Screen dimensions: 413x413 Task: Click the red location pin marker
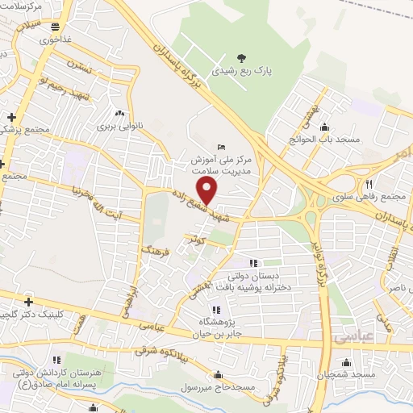[x=208, y=190]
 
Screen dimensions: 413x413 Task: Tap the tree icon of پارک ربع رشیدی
[x=241, y=56]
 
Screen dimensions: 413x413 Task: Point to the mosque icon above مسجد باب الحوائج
[x=324, y=126]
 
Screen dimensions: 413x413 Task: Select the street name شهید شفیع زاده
[x=197, y=206]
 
